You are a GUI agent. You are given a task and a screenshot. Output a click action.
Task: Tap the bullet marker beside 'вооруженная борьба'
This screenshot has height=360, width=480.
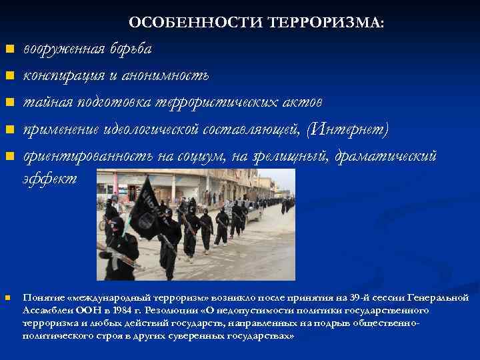pyautogui.click(x=9, y=49)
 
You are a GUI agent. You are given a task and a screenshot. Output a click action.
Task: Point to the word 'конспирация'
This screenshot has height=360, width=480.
pyautogui.click(x=62, y=75)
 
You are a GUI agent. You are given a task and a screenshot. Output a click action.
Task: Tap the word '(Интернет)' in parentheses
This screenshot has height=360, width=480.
pyautogui.click(x=346, y=129)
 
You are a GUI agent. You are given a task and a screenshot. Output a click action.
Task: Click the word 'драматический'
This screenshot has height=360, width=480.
pyautogui.click(x=386, y=155)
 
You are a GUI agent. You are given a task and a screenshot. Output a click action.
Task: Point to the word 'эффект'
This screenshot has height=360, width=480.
pyautogui.click(x=50, y=179)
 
